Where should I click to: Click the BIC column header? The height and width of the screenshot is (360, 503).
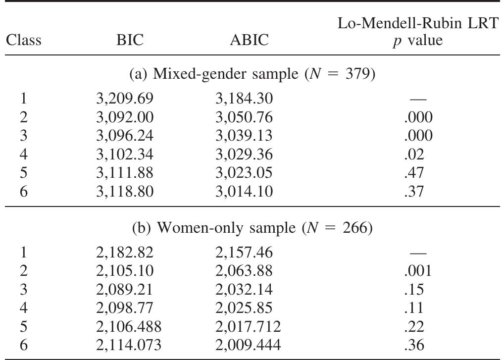coord(130,40)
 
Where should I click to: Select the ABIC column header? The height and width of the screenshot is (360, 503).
coord(249,40)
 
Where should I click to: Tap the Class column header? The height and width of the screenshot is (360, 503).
coord(24,40)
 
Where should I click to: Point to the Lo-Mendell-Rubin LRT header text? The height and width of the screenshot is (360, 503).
coord(417,24)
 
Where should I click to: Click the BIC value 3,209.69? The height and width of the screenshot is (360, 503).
coord(124,99)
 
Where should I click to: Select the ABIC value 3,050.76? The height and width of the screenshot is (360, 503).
coord(244,117)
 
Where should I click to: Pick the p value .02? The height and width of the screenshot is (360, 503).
coord(414,154)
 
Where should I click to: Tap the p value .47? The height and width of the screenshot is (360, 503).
coord(414,172)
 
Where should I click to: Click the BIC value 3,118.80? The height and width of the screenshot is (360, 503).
coord(124,191)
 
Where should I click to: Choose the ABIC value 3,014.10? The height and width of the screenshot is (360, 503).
coord(244,191)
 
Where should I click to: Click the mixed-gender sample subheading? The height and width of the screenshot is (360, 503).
coord(252,75)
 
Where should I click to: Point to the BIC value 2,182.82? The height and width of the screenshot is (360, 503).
coord(124,253)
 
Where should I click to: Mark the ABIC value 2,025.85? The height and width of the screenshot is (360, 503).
coord(244,308)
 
